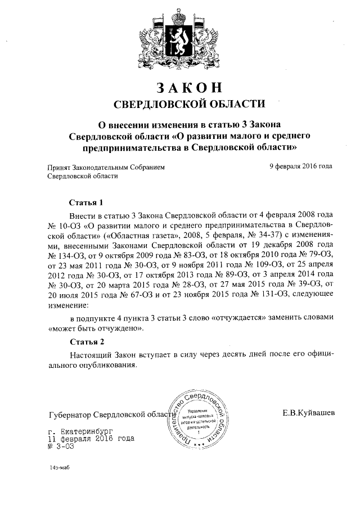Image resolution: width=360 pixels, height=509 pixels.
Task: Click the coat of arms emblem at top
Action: click(179, 38)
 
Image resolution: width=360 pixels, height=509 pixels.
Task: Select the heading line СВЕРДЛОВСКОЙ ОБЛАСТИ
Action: click(180, 103)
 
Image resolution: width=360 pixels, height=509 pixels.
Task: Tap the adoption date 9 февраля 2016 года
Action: click(300, 166)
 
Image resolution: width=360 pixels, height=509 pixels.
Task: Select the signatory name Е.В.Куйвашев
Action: click(309, 413)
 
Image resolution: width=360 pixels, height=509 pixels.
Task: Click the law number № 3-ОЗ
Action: click(62, 445)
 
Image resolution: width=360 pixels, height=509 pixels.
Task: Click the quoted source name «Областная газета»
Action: click(143, 236)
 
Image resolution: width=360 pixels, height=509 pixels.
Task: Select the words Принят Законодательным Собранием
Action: click(106, 166)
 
